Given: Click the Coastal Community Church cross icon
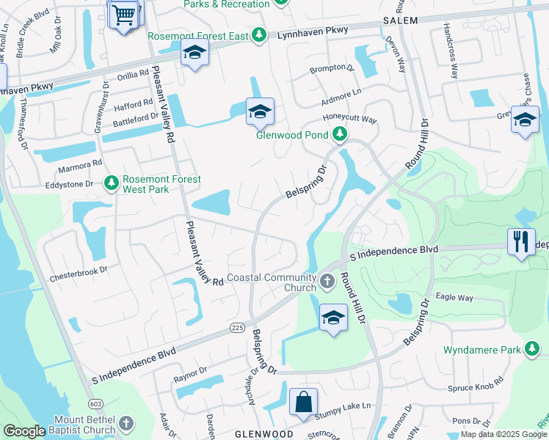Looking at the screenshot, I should coord(328,279).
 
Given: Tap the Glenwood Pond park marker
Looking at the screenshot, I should coord(339,133).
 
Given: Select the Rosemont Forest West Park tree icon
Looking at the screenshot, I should coord(112,182).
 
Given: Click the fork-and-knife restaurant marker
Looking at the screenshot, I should coord(520,242).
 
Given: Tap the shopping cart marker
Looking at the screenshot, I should coord(124,14).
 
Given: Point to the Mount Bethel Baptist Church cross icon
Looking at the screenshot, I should coord(126,423).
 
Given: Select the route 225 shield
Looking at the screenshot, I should coord(236,326).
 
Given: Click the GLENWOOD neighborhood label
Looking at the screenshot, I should coord(264,434).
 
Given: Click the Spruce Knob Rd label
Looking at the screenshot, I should coord(478,381).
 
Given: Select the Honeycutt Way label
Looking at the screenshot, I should coord(350,119).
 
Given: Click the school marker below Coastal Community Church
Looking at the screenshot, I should coord(333,318).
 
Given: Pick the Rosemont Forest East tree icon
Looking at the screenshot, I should coord(258,34).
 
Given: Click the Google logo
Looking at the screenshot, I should coord(24,431).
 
